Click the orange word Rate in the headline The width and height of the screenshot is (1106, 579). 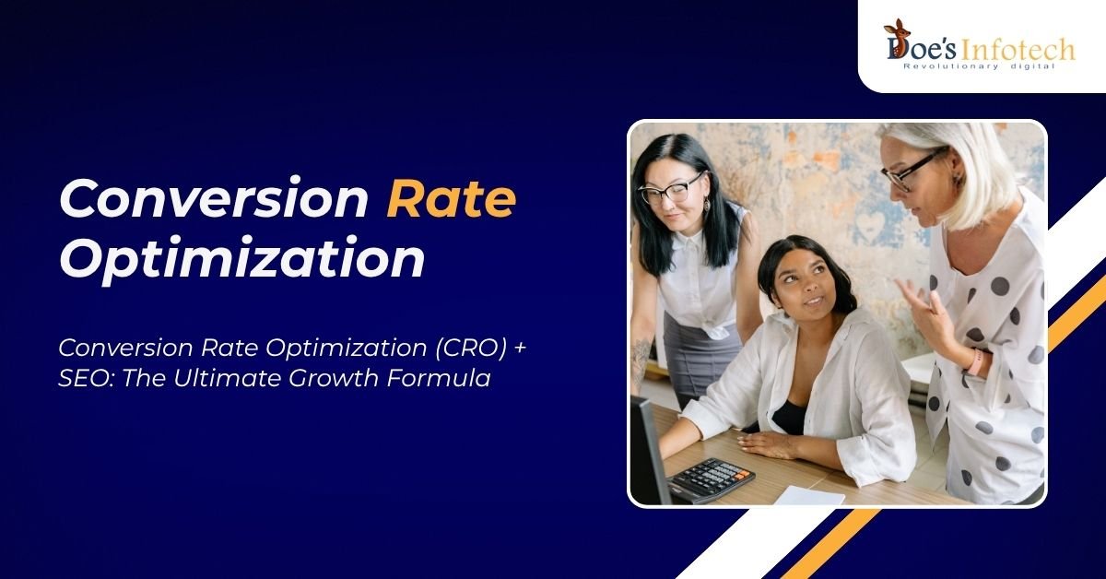point(452,198)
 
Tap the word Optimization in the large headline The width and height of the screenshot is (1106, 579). point(241,259)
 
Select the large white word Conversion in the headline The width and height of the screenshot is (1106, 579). point(214,197)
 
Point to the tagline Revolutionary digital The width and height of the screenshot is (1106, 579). point(979,66)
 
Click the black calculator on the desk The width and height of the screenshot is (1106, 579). point(712,479)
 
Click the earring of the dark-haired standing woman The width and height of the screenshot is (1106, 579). point(707,203)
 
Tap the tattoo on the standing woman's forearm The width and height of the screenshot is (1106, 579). point(641,358)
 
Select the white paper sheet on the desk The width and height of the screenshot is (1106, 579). point(809,495)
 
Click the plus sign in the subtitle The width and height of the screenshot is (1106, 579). point(520,348)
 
